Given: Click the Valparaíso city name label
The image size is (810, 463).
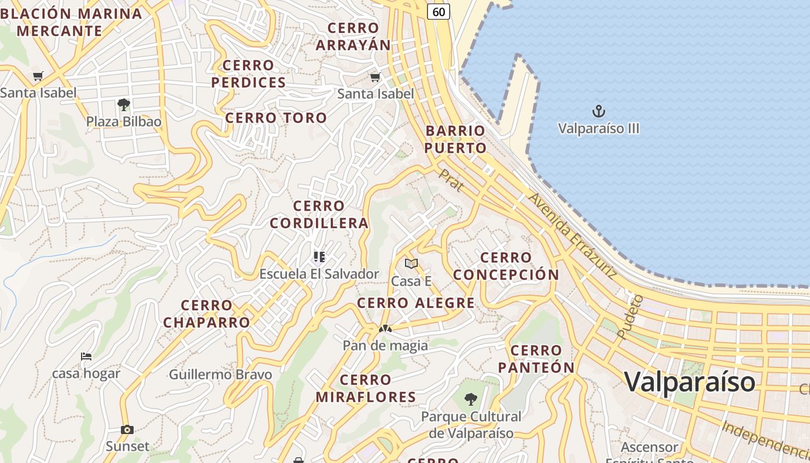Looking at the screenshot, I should (x=690, y=382).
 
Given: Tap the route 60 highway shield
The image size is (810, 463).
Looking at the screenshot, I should (x=439, y=11).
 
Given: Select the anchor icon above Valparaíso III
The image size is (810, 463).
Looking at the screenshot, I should (x=598, y=111).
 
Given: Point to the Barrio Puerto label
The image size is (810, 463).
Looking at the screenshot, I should (x=455, y=139).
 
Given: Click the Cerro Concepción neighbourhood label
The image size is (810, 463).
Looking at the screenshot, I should (x=506, y=266).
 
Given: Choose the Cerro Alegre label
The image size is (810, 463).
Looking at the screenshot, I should (x=416, y=303).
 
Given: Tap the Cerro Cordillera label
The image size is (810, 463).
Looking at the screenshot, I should (x=319, y=214).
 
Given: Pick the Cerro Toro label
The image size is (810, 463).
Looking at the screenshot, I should (x=276, y=118).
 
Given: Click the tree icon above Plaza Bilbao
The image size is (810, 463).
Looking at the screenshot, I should (x=123, y=105).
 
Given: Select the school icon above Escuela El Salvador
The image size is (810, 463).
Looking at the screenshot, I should (x=319, y=256).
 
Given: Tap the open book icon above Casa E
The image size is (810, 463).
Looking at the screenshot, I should (x=411, y=264).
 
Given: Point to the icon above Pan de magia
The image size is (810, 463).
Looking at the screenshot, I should (x=385, y=329).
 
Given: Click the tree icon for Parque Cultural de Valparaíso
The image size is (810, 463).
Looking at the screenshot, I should (x=471, y=399).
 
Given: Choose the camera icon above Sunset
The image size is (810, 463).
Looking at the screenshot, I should (x=127, y=429).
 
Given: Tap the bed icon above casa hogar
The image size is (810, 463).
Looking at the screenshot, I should (x=86, y=356).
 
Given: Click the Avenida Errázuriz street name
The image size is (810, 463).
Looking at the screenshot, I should (x=572, y=236).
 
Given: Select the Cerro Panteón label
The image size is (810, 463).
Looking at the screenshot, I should (x=536, y=359).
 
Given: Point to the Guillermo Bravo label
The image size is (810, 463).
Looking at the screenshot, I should (x=220, y=374).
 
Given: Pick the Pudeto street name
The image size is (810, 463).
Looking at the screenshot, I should (x=630, y=316).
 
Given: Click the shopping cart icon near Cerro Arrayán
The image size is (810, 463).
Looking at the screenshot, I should (x=375, y=76).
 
